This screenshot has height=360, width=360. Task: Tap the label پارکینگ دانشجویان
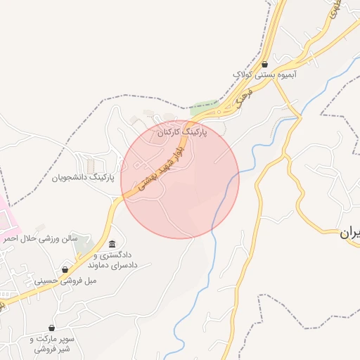(x=83, y=178)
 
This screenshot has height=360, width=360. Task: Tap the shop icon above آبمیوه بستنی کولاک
(x=264, y=63)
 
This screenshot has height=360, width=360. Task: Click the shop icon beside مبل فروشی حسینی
(x=65, y=269)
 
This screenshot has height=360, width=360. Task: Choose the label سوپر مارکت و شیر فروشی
(x=52, y=344)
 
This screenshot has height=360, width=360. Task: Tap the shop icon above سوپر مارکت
(x=52, y=328)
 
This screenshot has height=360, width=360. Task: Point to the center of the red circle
(x=180, y=180)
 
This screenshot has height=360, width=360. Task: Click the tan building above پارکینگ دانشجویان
(x=91, y=165)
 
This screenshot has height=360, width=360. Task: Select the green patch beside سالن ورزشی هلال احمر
(x=84, y=247)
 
